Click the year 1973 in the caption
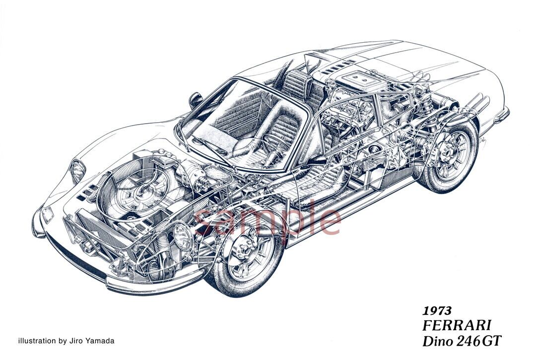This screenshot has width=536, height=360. [x=437, y=311]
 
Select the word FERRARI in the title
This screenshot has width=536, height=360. [x=457, y=326]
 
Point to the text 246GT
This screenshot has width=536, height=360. [x=479, y=341]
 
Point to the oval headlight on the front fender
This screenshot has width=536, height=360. [x=77, y=171]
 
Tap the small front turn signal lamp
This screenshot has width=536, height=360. [x=48, y=215]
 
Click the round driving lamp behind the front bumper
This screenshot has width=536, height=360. [x=184, y=236]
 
